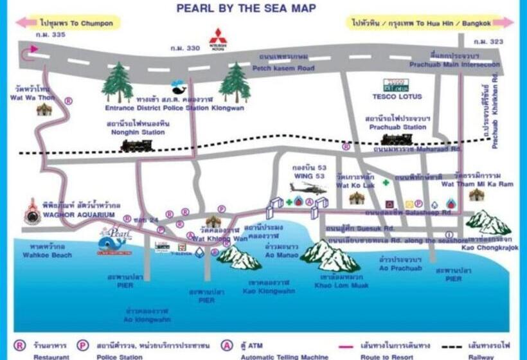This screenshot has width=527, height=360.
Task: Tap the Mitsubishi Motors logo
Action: click(x=218, y=37)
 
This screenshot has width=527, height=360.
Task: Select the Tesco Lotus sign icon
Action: click(x=396, y=85)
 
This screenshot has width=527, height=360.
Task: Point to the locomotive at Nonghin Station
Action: click(x=136, y=146)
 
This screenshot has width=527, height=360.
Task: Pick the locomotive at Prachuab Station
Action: click(x=397, y=139)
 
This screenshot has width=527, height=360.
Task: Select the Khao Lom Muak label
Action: click(x=341, y=285)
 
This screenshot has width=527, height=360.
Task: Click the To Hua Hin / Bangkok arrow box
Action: click(x=431, y=23)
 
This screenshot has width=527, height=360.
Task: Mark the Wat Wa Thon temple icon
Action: click(x=44, y=109)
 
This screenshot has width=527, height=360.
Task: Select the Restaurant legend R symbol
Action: click(x=19, y=345)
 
